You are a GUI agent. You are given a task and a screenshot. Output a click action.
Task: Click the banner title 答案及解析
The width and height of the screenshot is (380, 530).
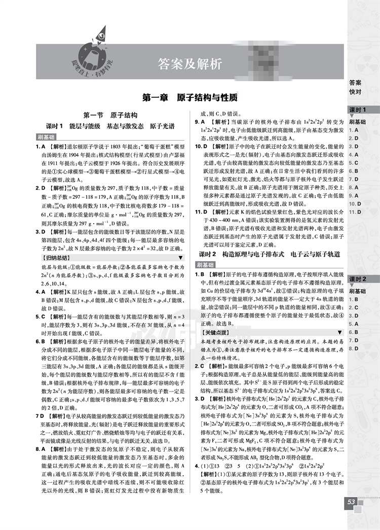coord(190,64)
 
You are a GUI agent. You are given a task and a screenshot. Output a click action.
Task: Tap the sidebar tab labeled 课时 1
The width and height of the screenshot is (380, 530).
coord(357,110)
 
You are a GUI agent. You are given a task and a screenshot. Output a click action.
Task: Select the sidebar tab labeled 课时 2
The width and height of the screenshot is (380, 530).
coord(357,279)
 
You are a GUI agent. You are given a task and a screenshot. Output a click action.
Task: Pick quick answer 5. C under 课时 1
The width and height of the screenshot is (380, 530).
coord(353,163)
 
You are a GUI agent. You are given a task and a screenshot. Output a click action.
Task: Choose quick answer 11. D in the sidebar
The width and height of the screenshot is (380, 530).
coord(355,211)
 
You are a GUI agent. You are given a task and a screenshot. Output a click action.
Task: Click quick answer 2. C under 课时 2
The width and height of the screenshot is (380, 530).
coord(353,307)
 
